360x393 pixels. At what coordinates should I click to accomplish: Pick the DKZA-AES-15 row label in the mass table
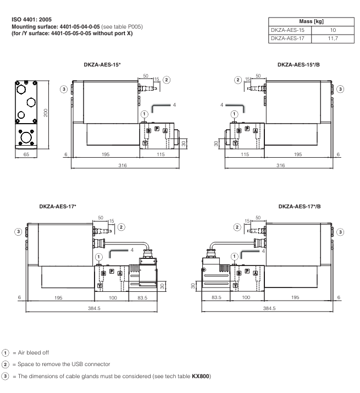[287, 30]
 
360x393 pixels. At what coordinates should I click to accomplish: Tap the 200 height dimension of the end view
[47, 113]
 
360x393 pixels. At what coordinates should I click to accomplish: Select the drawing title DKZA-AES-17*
[58, 207]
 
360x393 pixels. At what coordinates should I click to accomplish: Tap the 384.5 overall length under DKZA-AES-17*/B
[269, 308]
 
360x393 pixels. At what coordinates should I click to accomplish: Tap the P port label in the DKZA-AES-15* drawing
[157, 129]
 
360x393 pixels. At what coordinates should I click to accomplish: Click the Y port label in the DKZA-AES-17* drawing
[99, 286]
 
